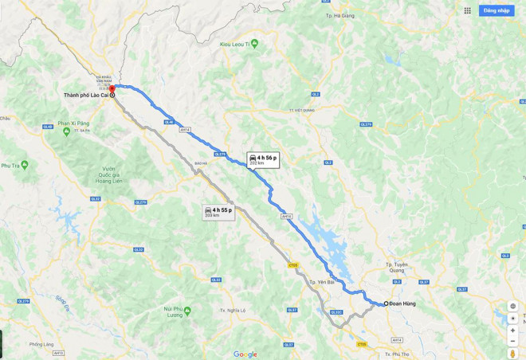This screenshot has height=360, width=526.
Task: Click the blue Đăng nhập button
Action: pos(496,10)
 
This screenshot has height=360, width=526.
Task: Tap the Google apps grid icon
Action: pos(468,10)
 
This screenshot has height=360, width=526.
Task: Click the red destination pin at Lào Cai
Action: pos(112,89)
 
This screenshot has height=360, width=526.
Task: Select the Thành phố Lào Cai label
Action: pos(85,95)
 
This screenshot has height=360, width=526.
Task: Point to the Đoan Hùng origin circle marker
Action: pos(387,303)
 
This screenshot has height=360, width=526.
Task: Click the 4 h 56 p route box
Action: pos(263,159)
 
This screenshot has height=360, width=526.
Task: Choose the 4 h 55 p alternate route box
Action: pos(218,212)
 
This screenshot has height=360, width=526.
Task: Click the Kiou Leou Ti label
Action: pos(238,44)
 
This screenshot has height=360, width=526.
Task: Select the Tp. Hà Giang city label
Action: pos(340,15)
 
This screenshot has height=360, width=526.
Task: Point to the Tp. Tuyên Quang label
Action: pos(396,266)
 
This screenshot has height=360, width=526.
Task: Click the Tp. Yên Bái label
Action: pos(320,282)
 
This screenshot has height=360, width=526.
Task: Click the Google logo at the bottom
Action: pos(245,354)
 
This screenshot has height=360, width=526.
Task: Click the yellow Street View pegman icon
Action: pos(512,353)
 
